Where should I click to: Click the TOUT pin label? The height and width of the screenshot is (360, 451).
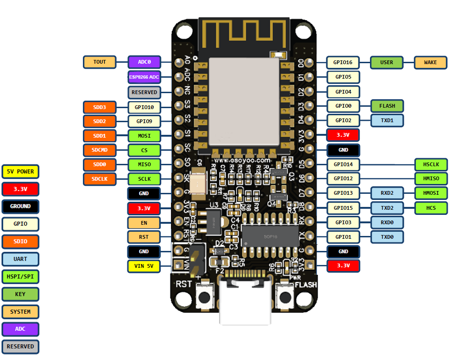pos(99,62)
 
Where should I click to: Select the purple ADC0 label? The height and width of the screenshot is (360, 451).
pos(144,62)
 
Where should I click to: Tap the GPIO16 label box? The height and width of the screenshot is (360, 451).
pos(343,62)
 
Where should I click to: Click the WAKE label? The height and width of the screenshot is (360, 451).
pos(430,62)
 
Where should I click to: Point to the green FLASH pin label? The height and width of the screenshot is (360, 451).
pos(387,106)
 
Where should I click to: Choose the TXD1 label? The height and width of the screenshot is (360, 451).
pos(387,120)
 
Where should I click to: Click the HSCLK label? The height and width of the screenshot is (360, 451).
pos(431,164)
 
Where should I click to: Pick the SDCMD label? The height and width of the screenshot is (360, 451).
pos(99,150)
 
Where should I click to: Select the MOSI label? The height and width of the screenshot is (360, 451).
pos(144,136)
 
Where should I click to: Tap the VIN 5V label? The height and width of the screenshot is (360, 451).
pos(144,266)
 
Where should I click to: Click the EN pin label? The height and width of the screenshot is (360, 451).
pos(144,222)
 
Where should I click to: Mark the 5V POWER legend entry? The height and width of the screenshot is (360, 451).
pos(20,171)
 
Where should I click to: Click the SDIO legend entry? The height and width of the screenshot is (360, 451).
pos(20,242)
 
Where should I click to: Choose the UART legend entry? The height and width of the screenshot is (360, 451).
pos(20,259)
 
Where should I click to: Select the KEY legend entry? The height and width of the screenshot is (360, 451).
pos(20,294)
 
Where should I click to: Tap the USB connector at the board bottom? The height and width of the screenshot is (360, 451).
pos(245,302)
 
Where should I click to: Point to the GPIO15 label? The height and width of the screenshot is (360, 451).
pos(343,208)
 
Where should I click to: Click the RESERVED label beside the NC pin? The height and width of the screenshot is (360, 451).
pos(144,92)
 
